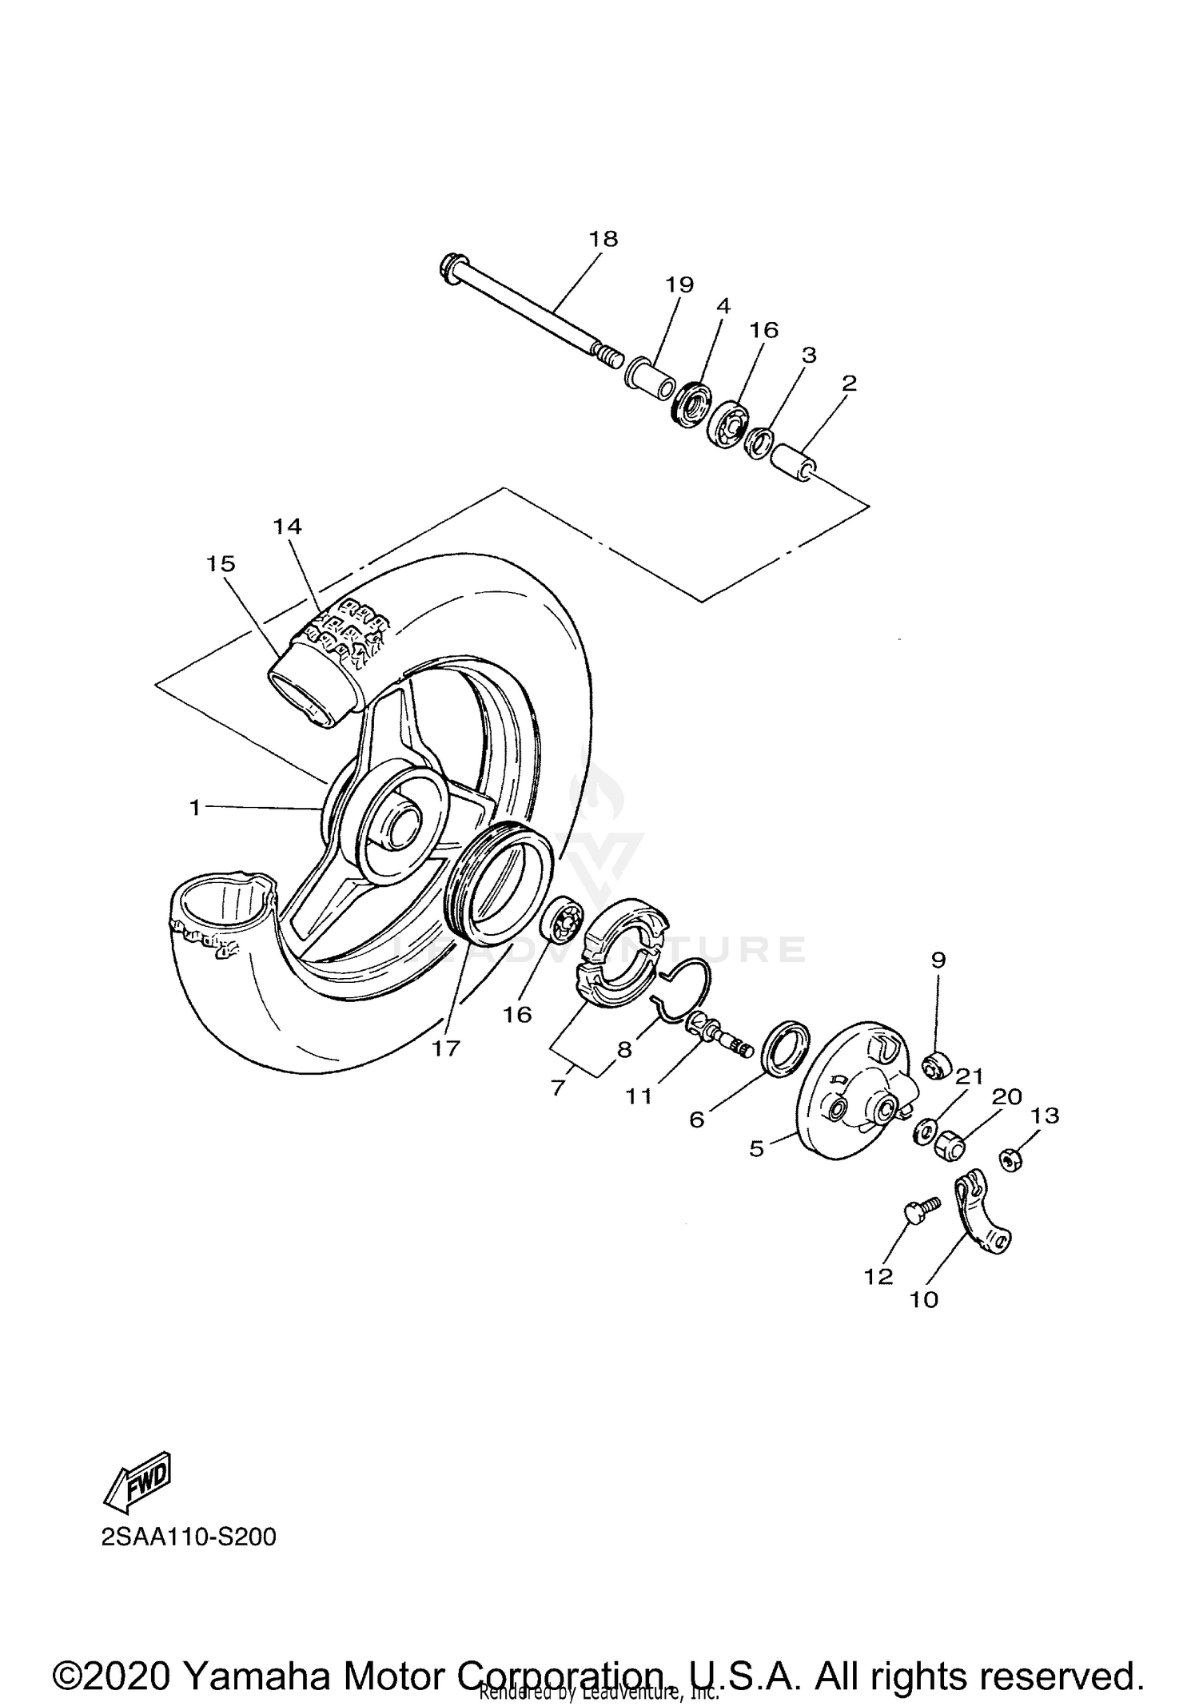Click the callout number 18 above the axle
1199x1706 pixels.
point(603,239)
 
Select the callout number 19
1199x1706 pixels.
point(679,284)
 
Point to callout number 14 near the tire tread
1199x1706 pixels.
point(287,526)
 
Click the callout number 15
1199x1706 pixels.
point(221,564)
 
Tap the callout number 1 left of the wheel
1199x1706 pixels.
point(194,808)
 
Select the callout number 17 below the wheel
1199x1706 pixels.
point(446,1048)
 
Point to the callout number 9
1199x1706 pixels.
point(938,960)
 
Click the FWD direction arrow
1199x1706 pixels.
point(137,1482)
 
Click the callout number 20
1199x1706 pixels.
point(1006,1097)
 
